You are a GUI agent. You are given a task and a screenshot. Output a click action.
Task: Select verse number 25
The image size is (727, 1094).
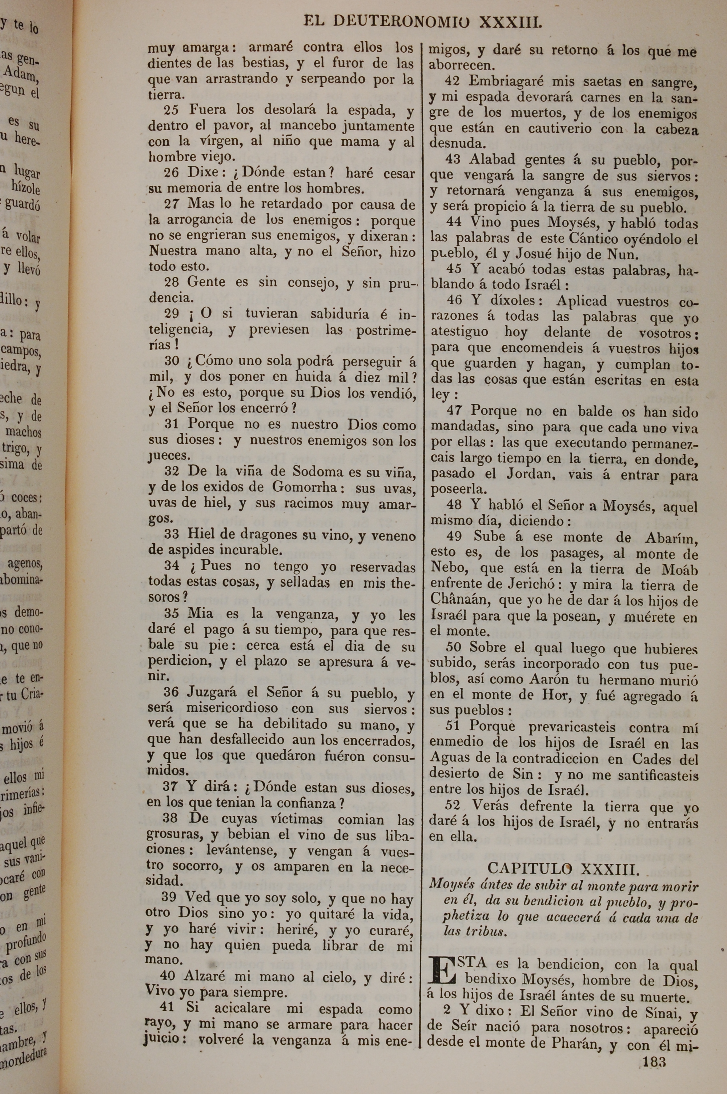tap(172, 110)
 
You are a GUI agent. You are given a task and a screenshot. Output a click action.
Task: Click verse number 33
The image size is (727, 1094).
tap(172, 534)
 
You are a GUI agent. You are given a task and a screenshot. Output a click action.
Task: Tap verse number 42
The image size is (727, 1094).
tap(453, 81)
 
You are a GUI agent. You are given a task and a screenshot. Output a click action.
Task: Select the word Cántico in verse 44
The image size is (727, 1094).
tap(593, 239)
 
